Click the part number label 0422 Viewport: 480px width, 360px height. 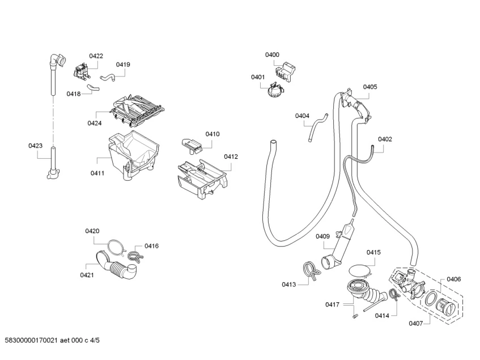pos(96,56)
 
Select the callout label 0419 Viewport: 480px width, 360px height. pos(123,65)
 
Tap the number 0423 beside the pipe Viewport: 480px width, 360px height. pos(36,146)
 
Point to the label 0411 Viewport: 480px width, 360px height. pos(97,173)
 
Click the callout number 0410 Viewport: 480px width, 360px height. pos(212,134)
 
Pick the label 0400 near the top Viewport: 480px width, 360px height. pos(272,54)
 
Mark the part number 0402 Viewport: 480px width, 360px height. pos(385,139)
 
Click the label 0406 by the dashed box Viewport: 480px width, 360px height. pos(453,278)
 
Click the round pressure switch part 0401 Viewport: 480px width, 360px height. pos(275,89)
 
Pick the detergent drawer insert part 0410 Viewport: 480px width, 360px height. pos(192,145)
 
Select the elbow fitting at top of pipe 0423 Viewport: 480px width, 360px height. pos(56,57)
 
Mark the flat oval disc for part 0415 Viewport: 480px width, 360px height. pos(362,270)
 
